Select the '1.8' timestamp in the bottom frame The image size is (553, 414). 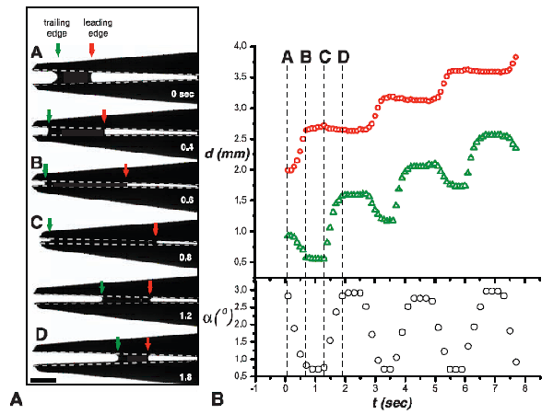pyautogui.click(x=190, y=375)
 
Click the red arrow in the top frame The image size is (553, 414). pyautogui.click(x=91, y=49)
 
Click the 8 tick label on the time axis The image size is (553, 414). pyautogui.click(x=524, y=388)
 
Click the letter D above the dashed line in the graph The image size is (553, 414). pyautogui.click(x=343, y=57)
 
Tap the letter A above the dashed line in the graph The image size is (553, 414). pyautogui.click(x=287, y=57)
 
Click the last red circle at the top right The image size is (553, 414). pyautogui.click(x=515, y=57)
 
